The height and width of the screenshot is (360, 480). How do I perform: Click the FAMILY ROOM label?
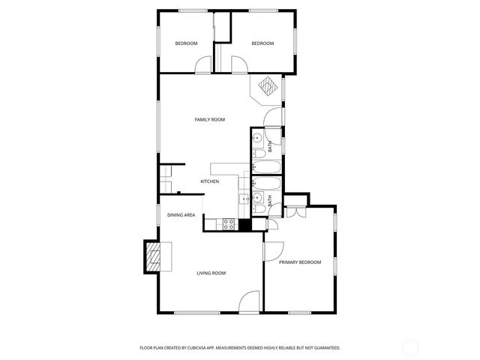point(209,120)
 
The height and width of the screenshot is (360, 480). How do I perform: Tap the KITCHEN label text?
point(209,182)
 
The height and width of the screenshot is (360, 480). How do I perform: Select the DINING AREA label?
point(181,215)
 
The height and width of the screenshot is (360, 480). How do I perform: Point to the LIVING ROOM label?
point(211,273)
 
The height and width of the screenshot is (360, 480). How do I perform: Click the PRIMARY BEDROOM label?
point(300,262)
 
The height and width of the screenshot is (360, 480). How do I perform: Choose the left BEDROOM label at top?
point(186,43)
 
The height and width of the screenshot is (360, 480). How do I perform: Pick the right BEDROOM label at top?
point(262,43)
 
